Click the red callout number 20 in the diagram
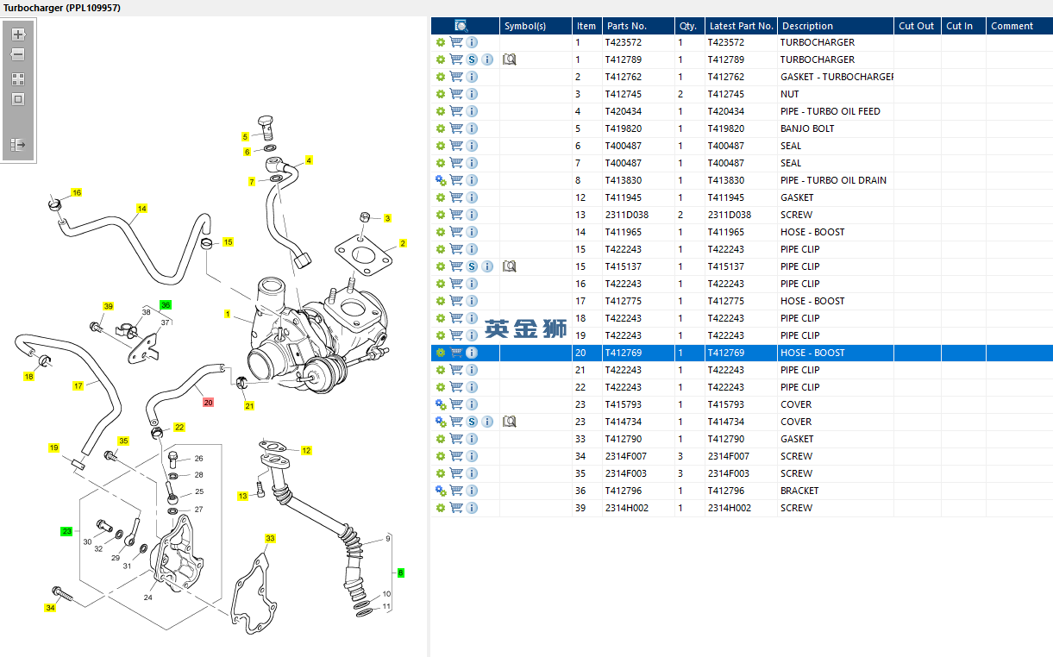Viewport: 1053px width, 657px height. click(x=208, y=403)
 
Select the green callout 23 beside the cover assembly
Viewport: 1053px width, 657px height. click(x=66, y=531)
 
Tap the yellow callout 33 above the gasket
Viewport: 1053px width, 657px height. click(x=270, y=538)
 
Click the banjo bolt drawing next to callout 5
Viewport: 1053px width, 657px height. click(x=266, y=128)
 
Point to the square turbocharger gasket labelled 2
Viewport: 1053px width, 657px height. click(x=363, y=256)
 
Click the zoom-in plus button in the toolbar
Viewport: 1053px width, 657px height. click(x=18, y=34)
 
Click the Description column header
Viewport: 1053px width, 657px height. click(x=807, y=26)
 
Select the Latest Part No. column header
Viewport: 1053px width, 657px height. click(x=741, y=26)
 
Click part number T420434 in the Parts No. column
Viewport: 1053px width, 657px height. click(x=623, y=111)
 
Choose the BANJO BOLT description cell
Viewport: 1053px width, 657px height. click(x=807, y=128)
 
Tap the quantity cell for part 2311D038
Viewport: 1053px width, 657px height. click(x=680, y=215)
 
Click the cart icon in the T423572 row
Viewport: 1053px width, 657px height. click(x=456, y=42)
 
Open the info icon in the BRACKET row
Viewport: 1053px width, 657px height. click(x=472, y=491)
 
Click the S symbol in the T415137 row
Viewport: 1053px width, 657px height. click(x=472, y=266)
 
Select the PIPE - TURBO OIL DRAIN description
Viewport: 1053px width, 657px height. click(x=833, y=180)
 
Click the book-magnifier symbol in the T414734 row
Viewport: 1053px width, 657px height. click(x=509, y=422)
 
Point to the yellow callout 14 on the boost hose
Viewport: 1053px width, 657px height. click(x=141, y=208)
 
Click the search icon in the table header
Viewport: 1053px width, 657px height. click(x=461, y=26)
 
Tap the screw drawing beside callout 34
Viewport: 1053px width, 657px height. click(x=62, y=594)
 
